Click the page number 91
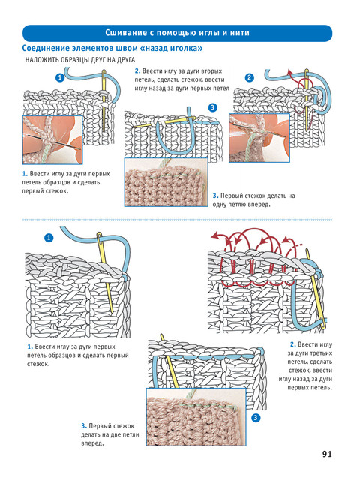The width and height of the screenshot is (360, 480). [x=327, y=454]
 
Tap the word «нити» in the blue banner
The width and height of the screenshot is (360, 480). [x=240, y=33]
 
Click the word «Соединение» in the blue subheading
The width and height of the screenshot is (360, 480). [x=46, y=48]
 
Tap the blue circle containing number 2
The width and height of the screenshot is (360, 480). [x=250, y=77]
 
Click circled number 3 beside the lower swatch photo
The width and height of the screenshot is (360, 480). [x=256, y=418]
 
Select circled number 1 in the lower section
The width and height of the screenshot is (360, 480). [x=49, y=238]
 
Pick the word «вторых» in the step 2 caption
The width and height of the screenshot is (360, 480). [x=211, y=71]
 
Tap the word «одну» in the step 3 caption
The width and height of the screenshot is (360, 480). [x=220, y=205]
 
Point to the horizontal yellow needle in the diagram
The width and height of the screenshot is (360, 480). [x=163, y=122]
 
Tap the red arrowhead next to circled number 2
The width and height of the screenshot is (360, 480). [x=289, y=72]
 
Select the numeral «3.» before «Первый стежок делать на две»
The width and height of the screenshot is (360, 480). [x=84, y=426]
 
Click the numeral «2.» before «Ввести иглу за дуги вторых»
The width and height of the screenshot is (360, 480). [x=138, y=71]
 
